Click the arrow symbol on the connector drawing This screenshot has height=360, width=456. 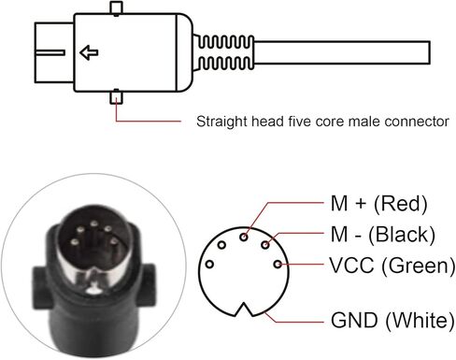pyautogui.click(x=90, y=52)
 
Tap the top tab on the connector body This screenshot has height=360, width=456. pyautogui.click(x=115, y=9)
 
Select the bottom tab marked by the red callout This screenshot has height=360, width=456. pyautogui.click(x=115, y=94)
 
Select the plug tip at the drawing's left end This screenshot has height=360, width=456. pyautogui.click(x=43, y=51)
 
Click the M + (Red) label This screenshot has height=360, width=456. pyautogui.click(x=370, y=203)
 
